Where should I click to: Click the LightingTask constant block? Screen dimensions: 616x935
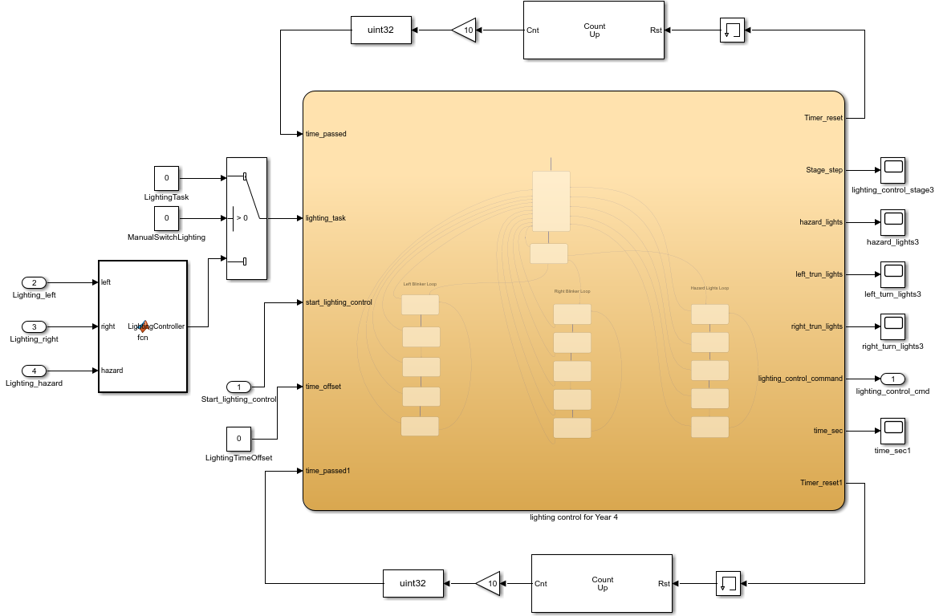(166, 178)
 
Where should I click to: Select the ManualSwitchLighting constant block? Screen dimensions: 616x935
(166, 218)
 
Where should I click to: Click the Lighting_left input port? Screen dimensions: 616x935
(34, 282)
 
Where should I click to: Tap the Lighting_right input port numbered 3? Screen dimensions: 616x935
(34, 326)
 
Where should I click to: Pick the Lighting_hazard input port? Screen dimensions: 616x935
(34, 371)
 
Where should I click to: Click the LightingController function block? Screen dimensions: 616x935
(143, 326)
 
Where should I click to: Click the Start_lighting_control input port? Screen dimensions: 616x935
(238, 387)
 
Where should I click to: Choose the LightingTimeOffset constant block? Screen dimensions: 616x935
(238, 439)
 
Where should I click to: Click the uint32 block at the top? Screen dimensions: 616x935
(381, 30)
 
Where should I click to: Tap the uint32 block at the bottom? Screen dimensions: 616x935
(413, 583)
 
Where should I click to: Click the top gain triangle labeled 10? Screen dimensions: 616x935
(464, 30)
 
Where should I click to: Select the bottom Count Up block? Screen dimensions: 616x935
(601, 583)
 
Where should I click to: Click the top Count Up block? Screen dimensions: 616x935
(593, 30)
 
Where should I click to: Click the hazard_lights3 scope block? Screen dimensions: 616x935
(892, 222)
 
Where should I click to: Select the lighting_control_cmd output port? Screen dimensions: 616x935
(892, 379)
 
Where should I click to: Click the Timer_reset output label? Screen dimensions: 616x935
(823, 118)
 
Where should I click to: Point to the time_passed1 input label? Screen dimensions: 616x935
(328, 471)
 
